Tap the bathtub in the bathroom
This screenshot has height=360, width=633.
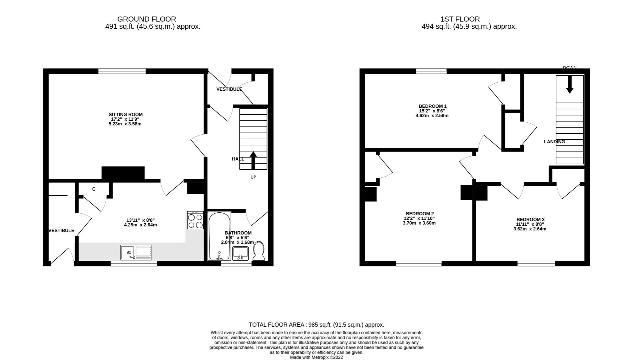(x=219, y=236)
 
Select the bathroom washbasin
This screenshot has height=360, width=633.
(x=240, y=253)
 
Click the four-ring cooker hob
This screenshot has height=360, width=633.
(x=195, y=220)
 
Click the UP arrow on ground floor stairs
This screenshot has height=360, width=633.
(x=253, y=160)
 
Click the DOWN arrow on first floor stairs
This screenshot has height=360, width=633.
(x=570, y=84)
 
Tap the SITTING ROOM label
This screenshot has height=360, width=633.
(x=126, y=114)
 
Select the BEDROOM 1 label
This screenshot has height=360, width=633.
(x=432, y=106)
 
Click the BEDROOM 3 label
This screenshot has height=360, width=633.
(x=530, y=219)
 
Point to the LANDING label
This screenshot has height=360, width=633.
(x=554, y=142)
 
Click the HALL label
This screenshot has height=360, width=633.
(x=238, y=159)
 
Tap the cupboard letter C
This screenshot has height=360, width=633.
(x=94, y=189)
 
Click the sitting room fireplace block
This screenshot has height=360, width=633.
(x=123, y=173)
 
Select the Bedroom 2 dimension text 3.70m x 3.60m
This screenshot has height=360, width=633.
(x=419, y=223)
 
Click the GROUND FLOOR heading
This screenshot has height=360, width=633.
(x=147, y=19)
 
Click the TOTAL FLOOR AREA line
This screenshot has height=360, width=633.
(x=316, y=325)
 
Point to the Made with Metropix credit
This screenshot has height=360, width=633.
(x=316, y=357)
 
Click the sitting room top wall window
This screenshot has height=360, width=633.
(x=122, y=71)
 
